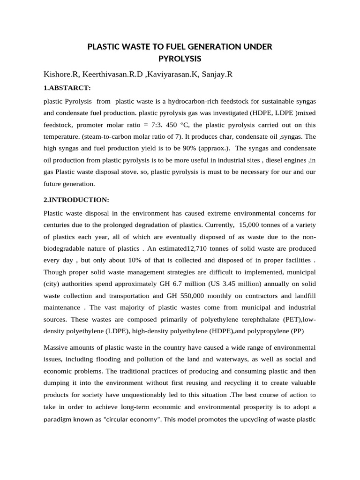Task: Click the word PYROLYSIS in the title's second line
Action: [x=180, y=59]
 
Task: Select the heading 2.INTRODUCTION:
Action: [x=76, y=200]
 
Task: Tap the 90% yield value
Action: [x=178, y=148]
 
